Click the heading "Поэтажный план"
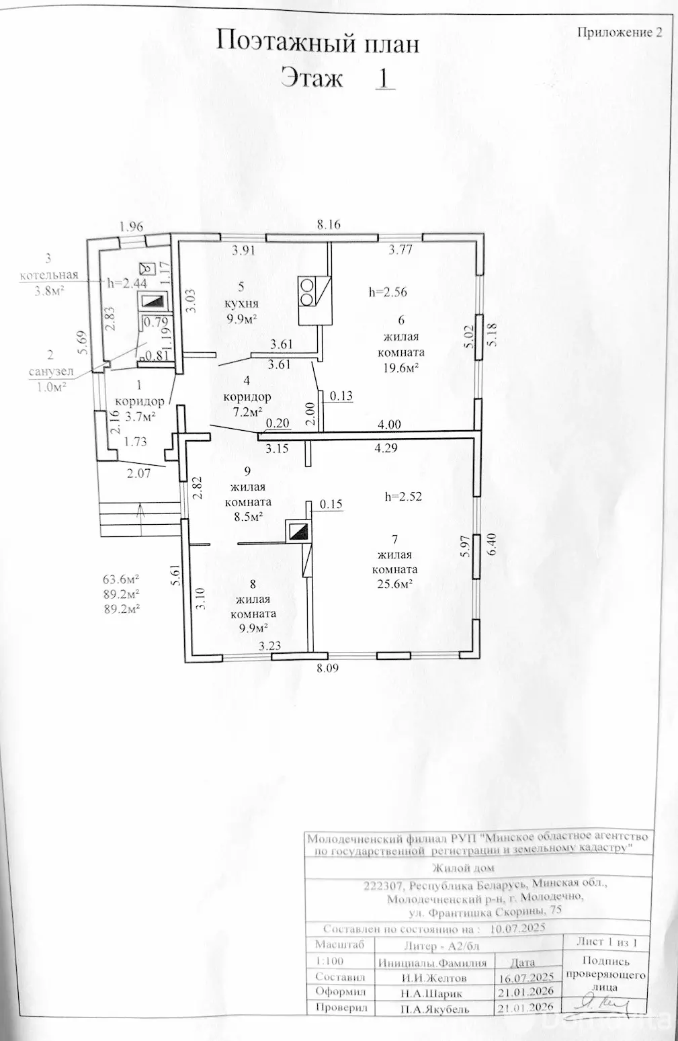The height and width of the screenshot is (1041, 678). coord(318,44)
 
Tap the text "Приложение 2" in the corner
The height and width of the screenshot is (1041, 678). coord(620,32)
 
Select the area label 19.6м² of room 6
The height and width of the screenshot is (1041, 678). coord(402,368)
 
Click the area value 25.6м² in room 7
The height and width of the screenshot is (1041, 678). coord(396,585)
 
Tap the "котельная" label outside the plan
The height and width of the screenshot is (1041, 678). coord(49,274)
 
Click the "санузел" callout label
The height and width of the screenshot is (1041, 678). coord(51,372)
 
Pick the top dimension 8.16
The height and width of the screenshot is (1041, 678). coord(329,225)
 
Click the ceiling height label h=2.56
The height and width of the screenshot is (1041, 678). coord(388,292)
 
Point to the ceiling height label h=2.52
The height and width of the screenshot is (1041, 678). coord(403,497)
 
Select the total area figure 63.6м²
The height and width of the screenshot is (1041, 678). coord(121,579)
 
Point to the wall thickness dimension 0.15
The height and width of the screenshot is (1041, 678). coord(331,504)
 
